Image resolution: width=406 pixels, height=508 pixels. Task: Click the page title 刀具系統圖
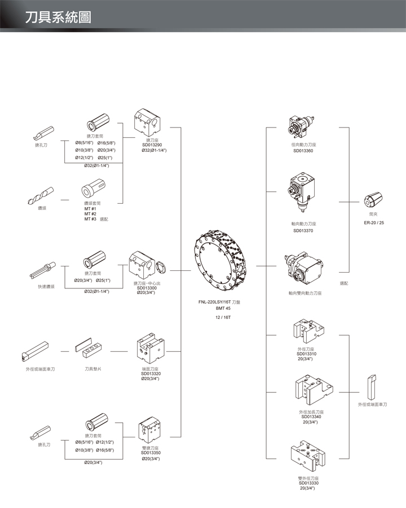(58, 16)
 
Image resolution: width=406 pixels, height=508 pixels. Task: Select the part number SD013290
(152, 145)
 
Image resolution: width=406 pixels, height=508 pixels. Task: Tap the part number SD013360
(303, 151)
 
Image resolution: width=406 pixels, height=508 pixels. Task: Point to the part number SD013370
(303, 230)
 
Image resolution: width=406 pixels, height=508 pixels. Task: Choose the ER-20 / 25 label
(374, 222)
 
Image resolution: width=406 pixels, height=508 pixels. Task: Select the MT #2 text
(90, 214)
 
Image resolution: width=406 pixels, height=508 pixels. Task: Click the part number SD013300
(147, 288)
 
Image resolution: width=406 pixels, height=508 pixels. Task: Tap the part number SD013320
(151, 374)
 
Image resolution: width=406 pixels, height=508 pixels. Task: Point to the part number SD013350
(151, 453)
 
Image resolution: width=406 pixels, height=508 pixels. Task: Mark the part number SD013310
(308, 354)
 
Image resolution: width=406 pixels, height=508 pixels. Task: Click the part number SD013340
(311, 417)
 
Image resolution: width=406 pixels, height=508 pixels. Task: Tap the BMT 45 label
(224, 309)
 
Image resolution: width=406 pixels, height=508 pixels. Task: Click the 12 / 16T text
(224, 317)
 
